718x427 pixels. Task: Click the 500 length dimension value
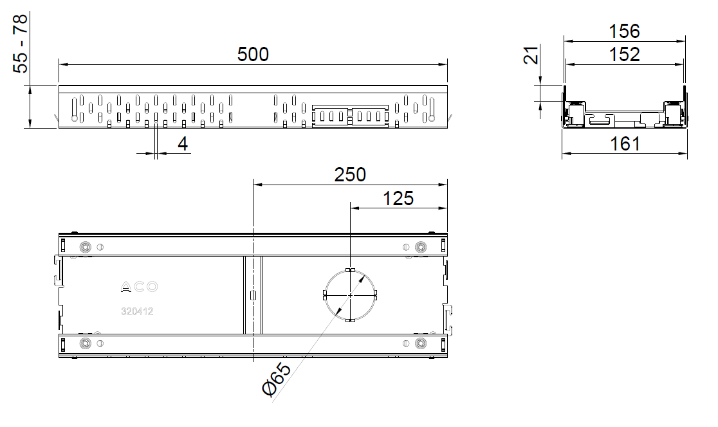pos(253,55)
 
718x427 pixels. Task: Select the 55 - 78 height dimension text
pos(21,44)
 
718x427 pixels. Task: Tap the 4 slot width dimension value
pos(183,144)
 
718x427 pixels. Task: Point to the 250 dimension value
pos(350,175)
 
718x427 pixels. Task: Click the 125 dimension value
pos(398,199)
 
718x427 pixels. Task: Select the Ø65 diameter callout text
pos(276,379)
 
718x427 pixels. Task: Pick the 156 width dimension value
pos(624,32)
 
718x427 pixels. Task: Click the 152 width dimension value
pos(624,55)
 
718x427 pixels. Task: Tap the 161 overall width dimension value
pos(625,144)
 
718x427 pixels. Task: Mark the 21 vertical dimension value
pos(531,55)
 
